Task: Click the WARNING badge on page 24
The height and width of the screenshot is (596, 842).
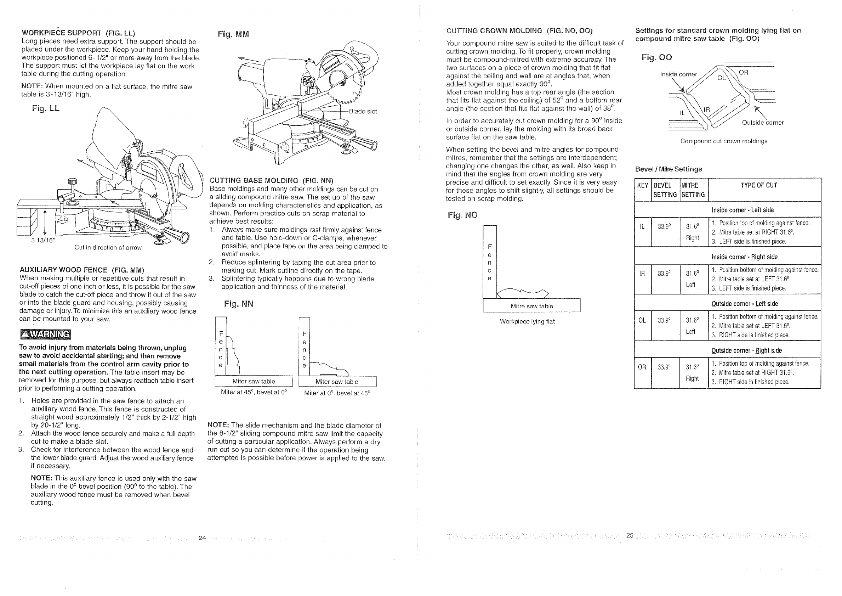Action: coord(45,334)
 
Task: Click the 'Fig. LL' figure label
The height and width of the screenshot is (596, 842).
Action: coord(45,108)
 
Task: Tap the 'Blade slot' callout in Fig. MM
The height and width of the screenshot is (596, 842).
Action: coord(362,111)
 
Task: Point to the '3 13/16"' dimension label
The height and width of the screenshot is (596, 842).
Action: coord(42,240)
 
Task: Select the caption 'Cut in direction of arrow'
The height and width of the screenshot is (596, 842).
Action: coord(108,247)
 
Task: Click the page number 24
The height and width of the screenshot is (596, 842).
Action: coord(202,538)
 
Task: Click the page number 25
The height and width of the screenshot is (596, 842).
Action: coord(630,535)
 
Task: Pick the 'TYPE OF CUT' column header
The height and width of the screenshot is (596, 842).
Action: coord(758,185)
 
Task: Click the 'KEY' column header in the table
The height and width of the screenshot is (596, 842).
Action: coord(643,185)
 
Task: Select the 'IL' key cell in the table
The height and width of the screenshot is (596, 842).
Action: coord(642,227)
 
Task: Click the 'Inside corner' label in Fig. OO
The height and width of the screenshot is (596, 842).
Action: coord(678,74)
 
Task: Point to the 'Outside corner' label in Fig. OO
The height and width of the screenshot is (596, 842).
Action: coord(762,123)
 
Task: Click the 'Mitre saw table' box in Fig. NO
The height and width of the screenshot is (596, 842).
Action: coord(531,306)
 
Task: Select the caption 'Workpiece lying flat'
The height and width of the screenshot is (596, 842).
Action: coord(527,321)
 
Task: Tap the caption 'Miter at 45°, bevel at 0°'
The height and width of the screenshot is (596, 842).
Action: coord(254,392)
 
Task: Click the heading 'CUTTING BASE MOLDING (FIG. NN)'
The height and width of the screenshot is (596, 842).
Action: coord(271,181)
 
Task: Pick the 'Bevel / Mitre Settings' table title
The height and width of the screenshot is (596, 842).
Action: coord(668,169)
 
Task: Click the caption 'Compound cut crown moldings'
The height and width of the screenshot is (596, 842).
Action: coord(723,141)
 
